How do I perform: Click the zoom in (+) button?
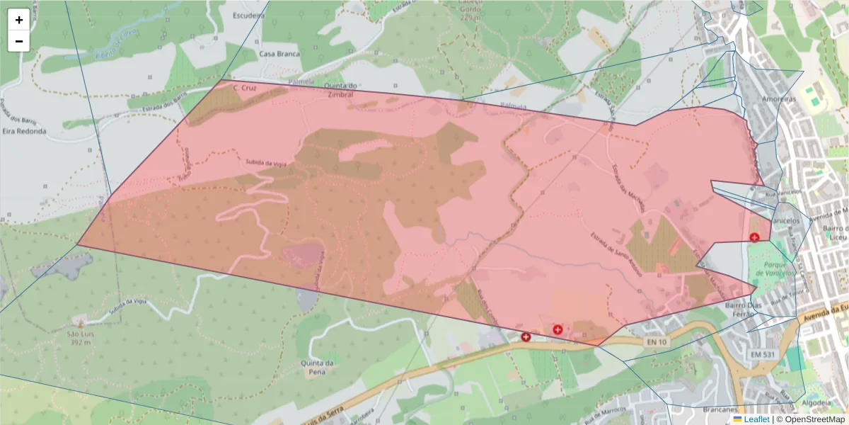coord(19,20)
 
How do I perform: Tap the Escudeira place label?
coord(253,14)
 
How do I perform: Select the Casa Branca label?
coord(279,54)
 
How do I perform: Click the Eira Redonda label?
coord(23,132)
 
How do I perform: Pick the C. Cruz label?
coord(245,88)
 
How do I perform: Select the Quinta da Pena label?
coord(316,368)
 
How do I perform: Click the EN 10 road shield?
coord(656,342)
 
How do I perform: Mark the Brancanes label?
coord(721,409)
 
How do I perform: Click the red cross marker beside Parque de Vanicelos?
coord(754,237)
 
